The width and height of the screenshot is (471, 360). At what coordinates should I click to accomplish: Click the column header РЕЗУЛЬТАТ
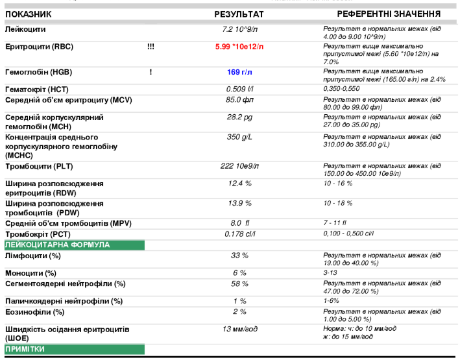[x=239, y=14]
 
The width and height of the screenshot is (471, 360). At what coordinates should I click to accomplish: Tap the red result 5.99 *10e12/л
[x=239, y=47]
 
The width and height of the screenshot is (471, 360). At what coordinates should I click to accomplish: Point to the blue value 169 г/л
[x=239, y=71]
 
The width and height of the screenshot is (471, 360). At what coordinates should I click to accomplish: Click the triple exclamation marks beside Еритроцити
[x=151, y=47]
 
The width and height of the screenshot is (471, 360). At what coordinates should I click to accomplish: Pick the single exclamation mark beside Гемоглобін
[x=151, y=71]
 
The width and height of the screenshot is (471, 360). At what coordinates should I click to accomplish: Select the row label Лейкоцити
[x=25, y=30]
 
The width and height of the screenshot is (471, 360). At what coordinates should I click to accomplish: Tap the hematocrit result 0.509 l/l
[x=239, y=89]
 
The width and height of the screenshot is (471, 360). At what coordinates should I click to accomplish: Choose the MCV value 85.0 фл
[x=239, y=100]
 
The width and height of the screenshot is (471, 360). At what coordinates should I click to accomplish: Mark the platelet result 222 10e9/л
[x=239, y=167]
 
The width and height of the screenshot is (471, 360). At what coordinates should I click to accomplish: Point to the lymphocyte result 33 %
[x=239, y=256]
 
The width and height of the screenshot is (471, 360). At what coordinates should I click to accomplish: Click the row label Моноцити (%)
[x=30, y=273]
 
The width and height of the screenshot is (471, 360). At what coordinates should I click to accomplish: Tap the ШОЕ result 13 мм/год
[x=239, y=330]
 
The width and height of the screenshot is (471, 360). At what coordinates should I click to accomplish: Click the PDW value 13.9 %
[x=239, y=204]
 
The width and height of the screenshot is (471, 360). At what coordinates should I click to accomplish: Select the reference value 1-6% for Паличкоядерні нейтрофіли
[x=332, y=301]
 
